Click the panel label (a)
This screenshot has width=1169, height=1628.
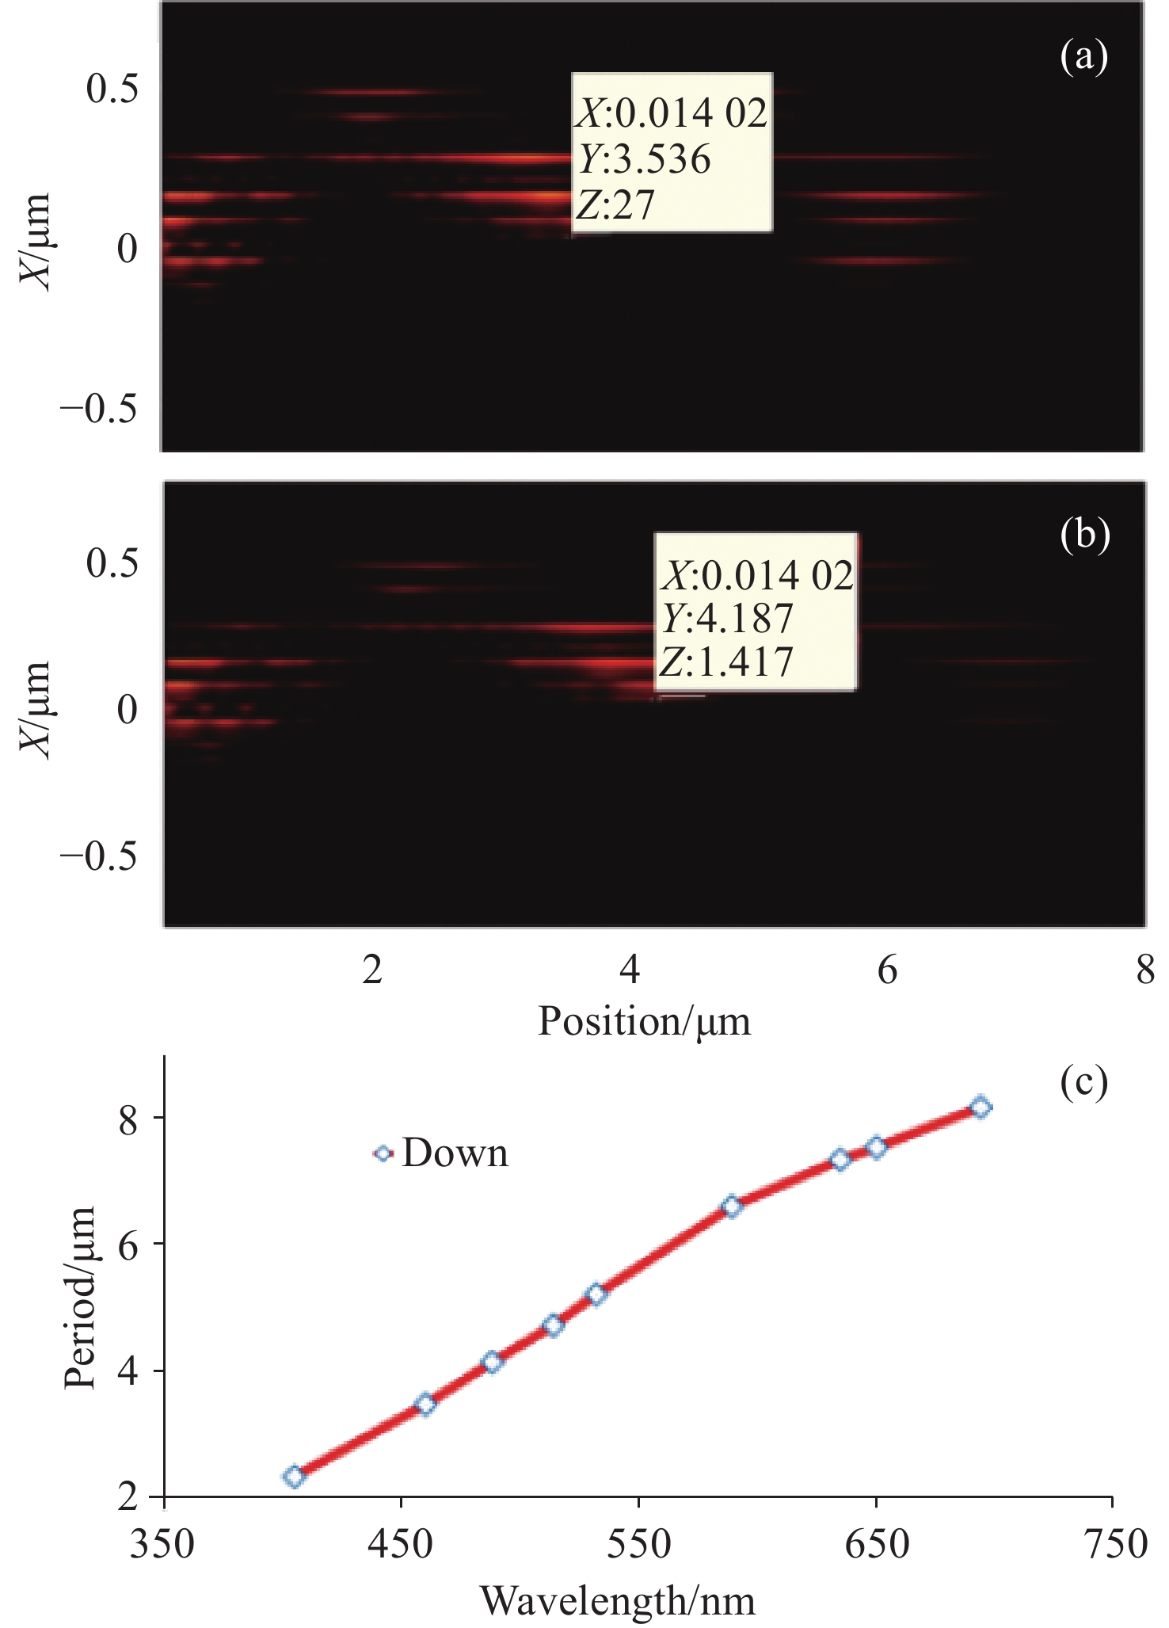point(1083,57)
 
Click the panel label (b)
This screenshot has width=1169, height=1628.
point(1084,535)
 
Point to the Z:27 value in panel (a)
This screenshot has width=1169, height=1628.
point(615,204)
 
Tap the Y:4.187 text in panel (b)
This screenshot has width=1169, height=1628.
point(727,618)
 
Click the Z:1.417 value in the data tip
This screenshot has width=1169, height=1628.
point(727,661)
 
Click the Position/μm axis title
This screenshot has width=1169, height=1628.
point(644,1021)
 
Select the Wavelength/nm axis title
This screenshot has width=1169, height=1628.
point(618,1601)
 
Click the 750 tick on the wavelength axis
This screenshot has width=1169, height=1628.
point(1113,1544)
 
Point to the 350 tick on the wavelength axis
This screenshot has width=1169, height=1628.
point(162,1544)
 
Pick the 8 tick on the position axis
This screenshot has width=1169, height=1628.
point(1144,970)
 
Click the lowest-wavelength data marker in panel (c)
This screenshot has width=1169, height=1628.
point(294,1477)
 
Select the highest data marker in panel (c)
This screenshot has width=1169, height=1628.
point(981,1107)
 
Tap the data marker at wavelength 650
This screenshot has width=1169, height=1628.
point(876,1147)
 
